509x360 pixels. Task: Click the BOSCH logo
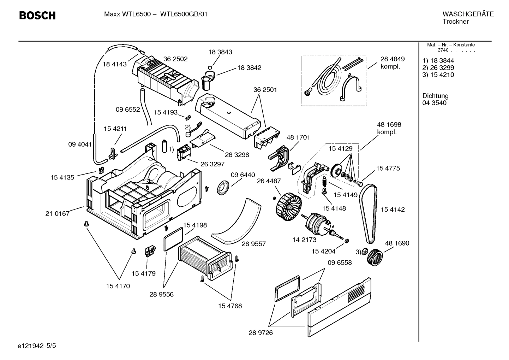point(37,16)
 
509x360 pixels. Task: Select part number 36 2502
point(175,59)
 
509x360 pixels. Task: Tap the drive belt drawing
point(368,214)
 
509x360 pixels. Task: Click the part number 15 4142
point(393,209)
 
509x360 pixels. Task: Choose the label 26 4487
point(269,181)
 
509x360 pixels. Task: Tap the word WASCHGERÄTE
point(468,14)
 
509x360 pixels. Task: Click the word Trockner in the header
point(455,22)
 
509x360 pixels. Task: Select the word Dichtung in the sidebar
point(435,96)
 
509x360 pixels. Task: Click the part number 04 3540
point(434,103)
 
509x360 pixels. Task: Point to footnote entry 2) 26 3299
point(438,67)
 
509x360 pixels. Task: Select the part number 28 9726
point(261,332)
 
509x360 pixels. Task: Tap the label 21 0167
point(58,213)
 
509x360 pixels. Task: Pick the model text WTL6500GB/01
point(184,14)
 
